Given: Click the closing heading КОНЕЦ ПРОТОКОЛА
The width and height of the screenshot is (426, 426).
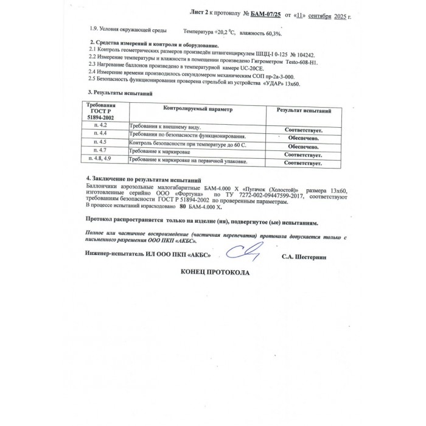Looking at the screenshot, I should [x=215, y=273].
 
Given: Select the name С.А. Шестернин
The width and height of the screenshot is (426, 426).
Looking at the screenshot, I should [x=304, y=258].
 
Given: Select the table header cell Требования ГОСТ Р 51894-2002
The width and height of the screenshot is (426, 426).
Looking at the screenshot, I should [x=105, y=111].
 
